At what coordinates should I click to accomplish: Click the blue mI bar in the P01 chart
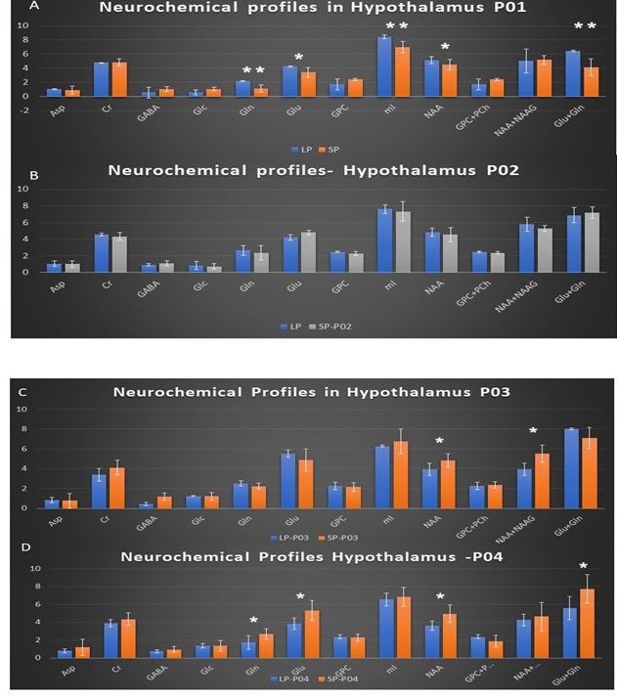[384, 66]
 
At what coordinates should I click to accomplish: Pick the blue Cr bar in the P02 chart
[100, 252]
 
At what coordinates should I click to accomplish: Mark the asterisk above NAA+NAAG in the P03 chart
[534, 431]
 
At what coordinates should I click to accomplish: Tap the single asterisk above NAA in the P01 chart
[445, 47]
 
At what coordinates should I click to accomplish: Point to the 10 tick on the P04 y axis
[37, 568]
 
